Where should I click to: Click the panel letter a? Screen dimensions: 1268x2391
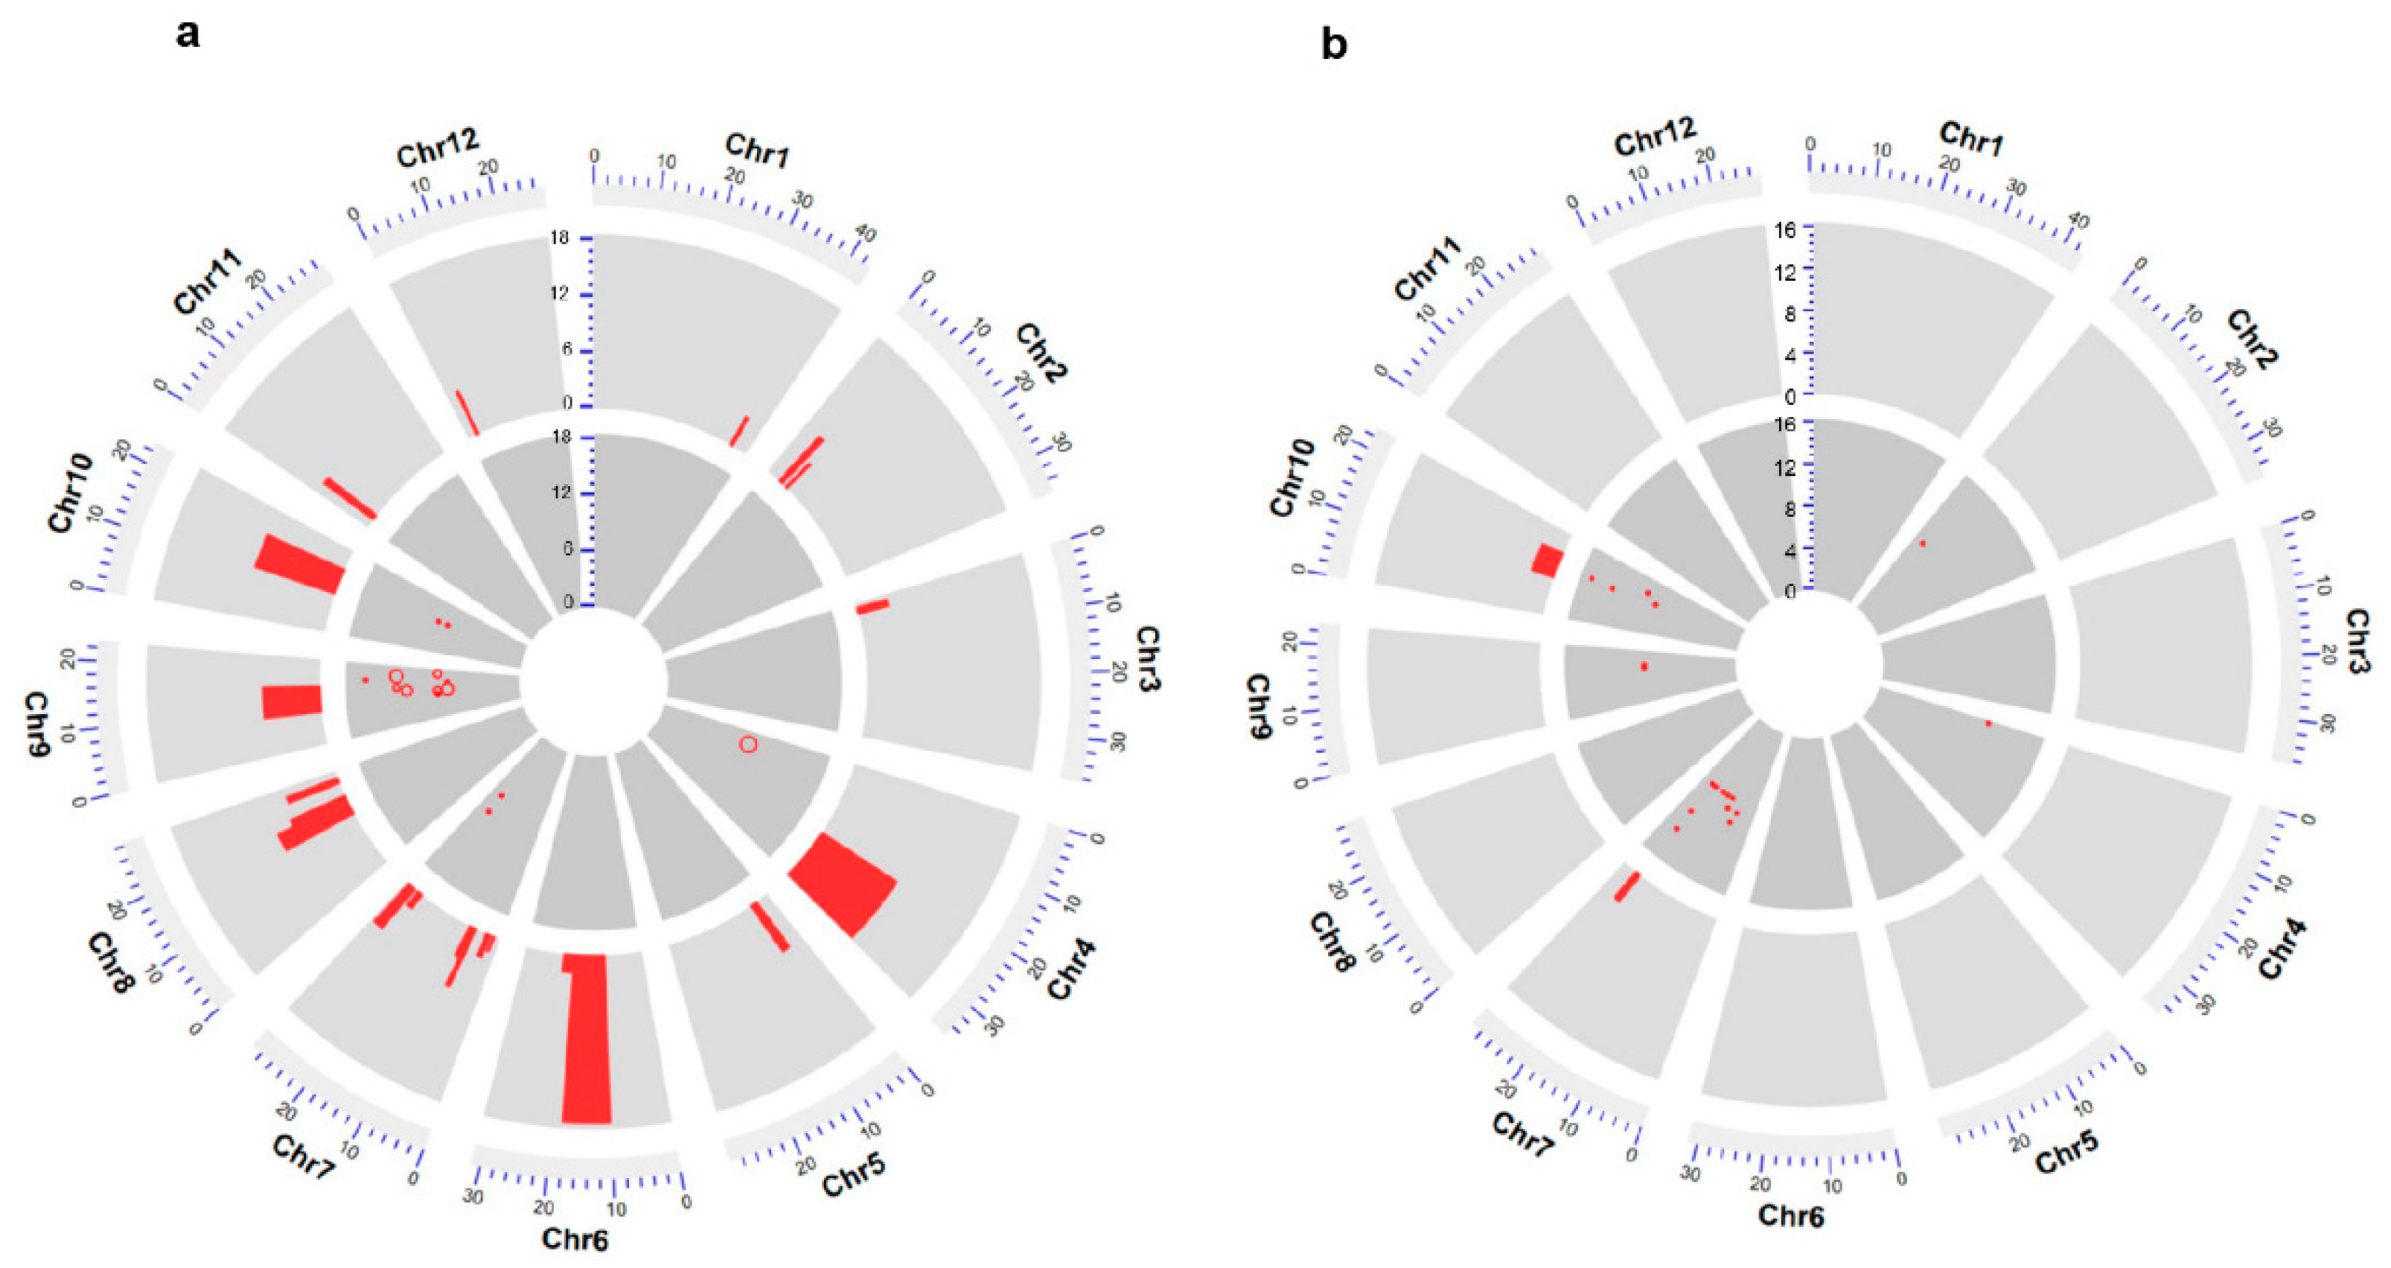(188, 34)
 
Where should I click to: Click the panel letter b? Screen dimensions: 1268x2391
(1333, 45)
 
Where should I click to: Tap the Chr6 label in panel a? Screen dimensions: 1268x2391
(575, 1238)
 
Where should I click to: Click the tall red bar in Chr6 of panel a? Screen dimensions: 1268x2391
(587, 1039)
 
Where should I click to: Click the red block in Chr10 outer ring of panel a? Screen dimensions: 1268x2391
(300, 564)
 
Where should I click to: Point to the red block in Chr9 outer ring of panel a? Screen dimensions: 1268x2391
(292, 702)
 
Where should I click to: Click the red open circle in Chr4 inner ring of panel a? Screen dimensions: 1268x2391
(748, 745)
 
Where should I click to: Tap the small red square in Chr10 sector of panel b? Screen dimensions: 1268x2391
(1548, 561)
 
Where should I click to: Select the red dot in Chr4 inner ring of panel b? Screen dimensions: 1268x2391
(1988, 723)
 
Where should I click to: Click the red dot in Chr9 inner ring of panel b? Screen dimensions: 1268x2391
(1644, 666)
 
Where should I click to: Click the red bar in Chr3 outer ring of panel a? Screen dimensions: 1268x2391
(872, 606)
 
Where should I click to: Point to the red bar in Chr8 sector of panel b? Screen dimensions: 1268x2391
(1627, 887)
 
